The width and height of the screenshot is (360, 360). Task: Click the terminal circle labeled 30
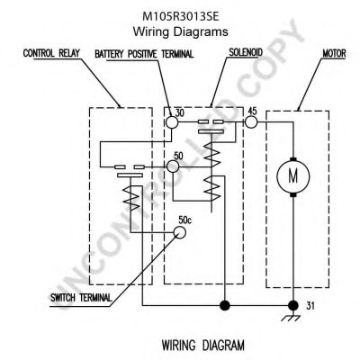click(172, 122)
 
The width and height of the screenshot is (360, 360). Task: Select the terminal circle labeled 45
click(251, 122)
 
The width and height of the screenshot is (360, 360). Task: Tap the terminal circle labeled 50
click(173, 166)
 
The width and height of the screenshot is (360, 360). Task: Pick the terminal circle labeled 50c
click(180, 232)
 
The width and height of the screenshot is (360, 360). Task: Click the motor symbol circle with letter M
click(293, 176)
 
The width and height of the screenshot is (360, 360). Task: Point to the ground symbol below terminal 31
click(291, 317)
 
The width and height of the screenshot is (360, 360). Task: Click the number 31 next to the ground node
click(310, 306)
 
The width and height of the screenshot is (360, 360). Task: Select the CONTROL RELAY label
click(51, 53)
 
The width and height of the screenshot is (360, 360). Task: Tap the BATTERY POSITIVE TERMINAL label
click(144, 54)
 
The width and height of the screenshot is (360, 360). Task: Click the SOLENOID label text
click(246, 52)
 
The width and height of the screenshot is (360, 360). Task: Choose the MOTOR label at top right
click(334, 54)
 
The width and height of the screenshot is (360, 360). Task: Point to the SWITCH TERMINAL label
click(81, 298)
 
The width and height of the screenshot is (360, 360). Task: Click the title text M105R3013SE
click(180, 17)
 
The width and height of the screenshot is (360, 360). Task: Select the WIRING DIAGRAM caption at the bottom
click(203, 345)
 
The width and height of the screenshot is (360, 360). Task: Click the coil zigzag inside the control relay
click(131, 198)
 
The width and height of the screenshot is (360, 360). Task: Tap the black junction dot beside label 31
click(293, 306)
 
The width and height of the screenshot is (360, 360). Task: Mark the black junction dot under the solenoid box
click(225, 306)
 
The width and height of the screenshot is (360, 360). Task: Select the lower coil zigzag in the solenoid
click(212, 188)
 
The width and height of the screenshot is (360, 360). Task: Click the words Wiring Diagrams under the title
click(180, 31)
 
